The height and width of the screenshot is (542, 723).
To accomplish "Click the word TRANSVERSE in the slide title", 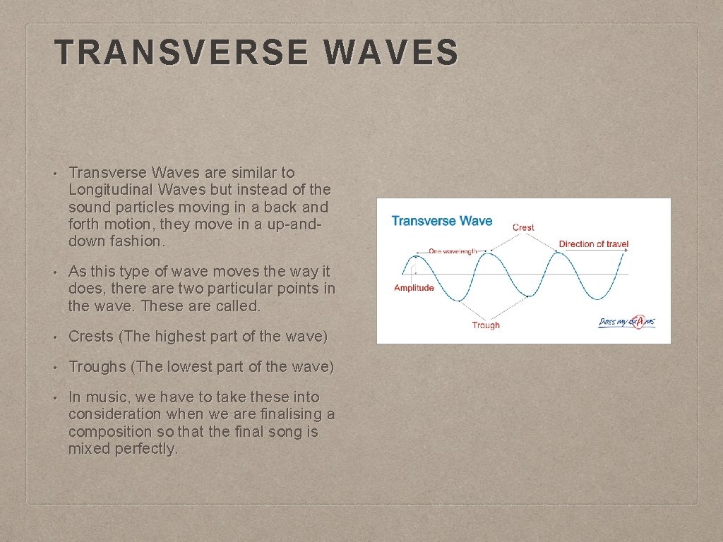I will (181, 53).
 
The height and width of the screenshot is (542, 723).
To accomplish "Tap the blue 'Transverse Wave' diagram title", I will (441, 221).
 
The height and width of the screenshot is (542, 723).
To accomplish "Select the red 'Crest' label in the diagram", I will (523, 227).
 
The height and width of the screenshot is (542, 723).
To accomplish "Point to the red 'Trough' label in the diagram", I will (486, 325).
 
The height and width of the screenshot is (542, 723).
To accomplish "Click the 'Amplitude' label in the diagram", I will (414, 288).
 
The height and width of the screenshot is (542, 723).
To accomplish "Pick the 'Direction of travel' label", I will (593, 244).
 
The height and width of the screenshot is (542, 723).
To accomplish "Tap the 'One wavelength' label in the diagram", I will (453, 251).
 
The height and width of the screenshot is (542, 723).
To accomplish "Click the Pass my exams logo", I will (627, 322).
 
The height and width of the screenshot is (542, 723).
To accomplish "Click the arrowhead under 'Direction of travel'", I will (626, 252).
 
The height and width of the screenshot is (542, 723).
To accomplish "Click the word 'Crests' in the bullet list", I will (92, 337).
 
